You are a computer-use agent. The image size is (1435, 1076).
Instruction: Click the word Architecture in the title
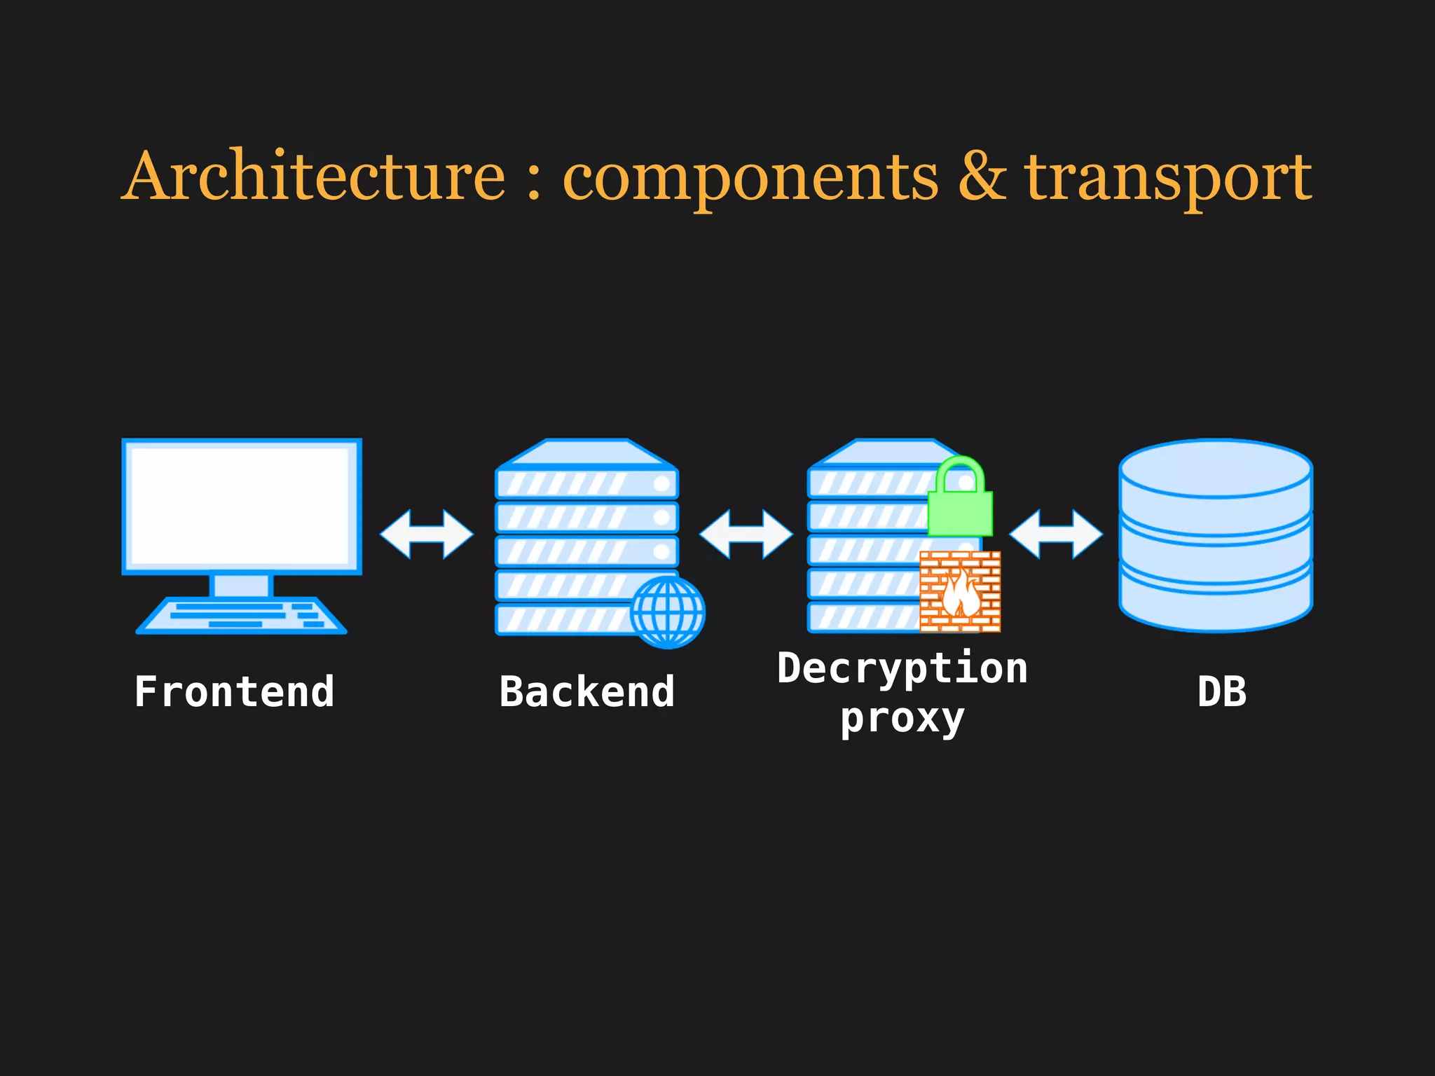click(x=314, y=177)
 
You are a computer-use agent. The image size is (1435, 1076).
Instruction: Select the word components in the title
click(x=750, y=179)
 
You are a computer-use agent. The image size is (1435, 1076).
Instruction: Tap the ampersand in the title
click(x=982, y=177)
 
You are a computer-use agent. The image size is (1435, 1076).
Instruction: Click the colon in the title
click(x=534, y=182)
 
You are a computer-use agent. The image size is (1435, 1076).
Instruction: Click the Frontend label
click(x=234, y=692)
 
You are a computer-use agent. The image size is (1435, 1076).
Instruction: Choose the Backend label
click(x=587, y=692)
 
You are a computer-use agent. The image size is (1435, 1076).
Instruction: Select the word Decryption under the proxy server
click(x=902, y=668)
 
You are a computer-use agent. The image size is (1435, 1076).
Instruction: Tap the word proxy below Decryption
click(x=902, y=719)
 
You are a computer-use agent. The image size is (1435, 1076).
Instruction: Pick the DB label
click(x=1222, y=692)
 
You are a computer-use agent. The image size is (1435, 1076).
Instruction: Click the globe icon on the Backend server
click(x=668, y=612)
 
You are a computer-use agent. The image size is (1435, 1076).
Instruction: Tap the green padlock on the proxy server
click(x=960, y=499)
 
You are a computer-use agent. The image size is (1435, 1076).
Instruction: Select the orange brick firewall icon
click(x=960, y=592)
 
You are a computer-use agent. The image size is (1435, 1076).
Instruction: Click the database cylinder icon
click(x=1216, y=536)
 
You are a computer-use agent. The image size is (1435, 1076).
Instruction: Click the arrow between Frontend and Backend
click(x=426, y=534)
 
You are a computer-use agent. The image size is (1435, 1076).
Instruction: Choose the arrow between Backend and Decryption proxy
click(x=746, y=534)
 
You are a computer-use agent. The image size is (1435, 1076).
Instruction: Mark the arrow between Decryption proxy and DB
click(x=1056, y=534)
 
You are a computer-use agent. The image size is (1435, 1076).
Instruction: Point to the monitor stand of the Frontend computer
click(x=242, y=585)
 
